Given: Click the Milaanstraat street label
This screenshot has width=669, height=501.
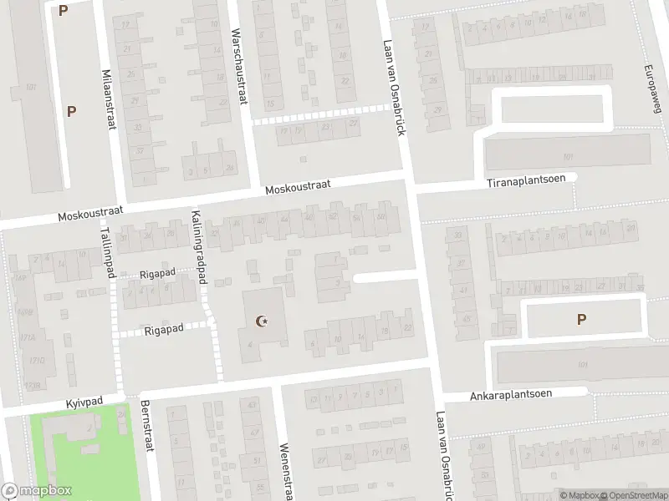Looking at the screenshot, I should (x=108, y=99).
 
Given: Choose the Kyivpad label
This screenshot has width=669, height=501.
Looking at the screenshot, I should (x=84, y=402).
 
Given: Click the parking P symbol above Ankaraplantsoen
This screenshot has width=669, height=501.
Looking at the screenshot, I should (x=582, y=318).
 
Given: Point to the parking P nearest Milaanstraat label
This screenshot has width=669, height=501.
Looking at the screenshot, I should (x=72, y=110).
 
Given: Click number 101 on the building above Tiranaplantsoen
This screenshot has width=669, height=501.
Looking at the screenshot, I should (x=569, y=156).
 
